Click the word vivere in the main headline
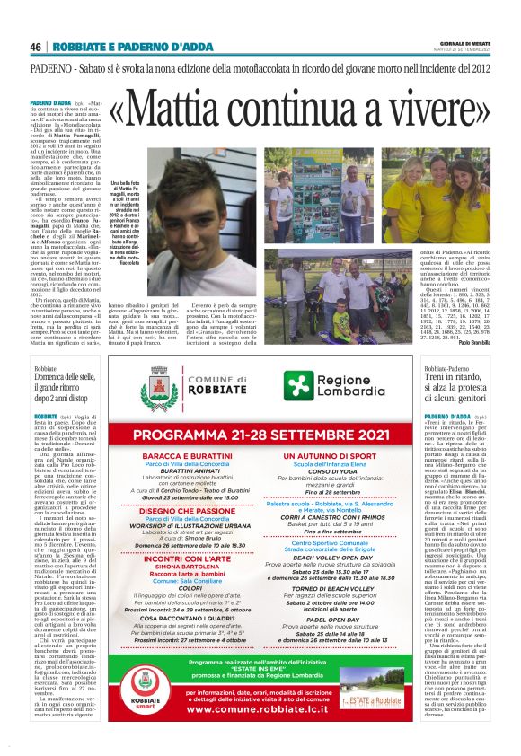tap(428, 109)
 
